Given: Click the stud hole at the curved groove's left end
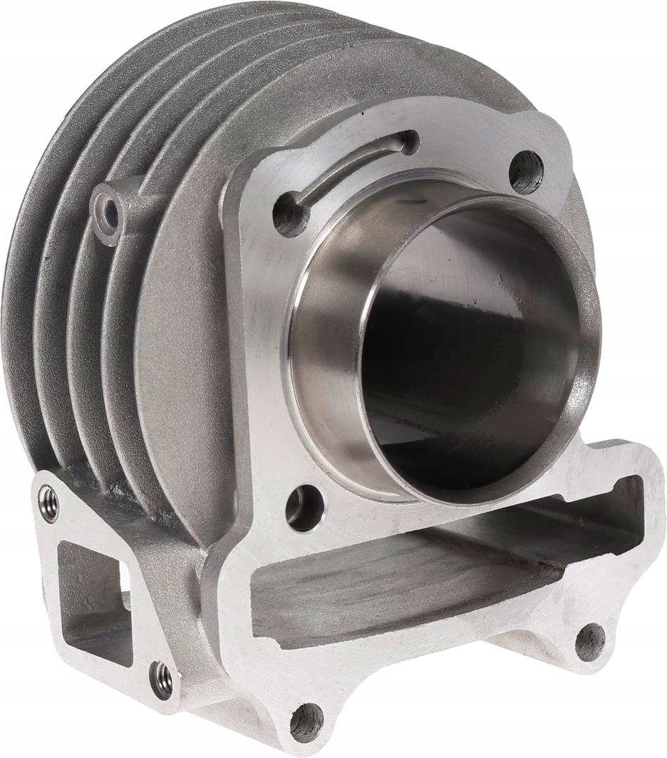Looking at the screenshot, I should coord(291,213).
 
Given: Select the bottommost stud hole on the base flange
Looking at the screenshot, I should coord(306,722).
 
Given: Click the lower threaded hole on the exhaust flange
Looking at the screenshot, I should coord(162,680).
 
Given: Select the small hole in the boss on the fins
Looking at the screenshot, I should coord(108,211).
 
